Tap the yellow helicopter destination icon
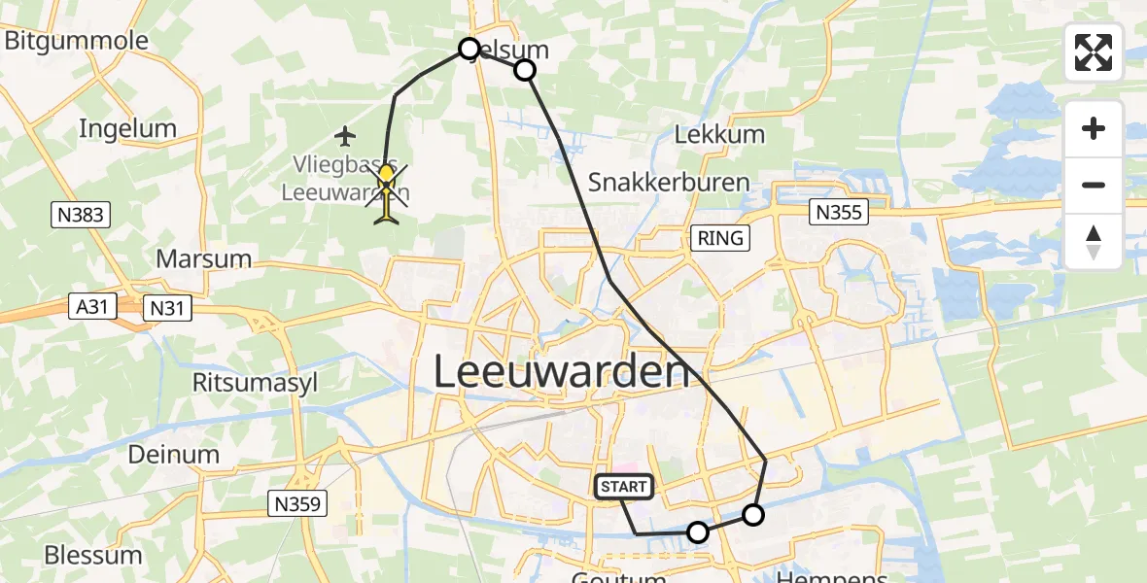coord(387,192)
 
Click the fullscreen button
coord(1094,52)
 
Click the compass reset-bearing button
coord(1094,242)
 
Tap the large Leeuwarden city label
coord(561,371)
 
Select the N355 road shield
coord(838,212)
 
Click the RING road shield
coord(720,237)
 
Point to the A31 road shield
coord(93,307)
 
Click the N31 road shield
coord(167,309)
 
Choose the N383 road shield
coord(80,214)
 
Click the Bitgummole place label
coord(77,41)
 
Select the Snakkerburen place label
coord(669,182)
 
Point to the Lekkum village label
coord(719,134)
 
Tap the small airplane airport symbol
coord(346,134)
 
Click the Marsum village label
coord(202,259)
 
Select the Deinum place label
coord(174,454)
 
